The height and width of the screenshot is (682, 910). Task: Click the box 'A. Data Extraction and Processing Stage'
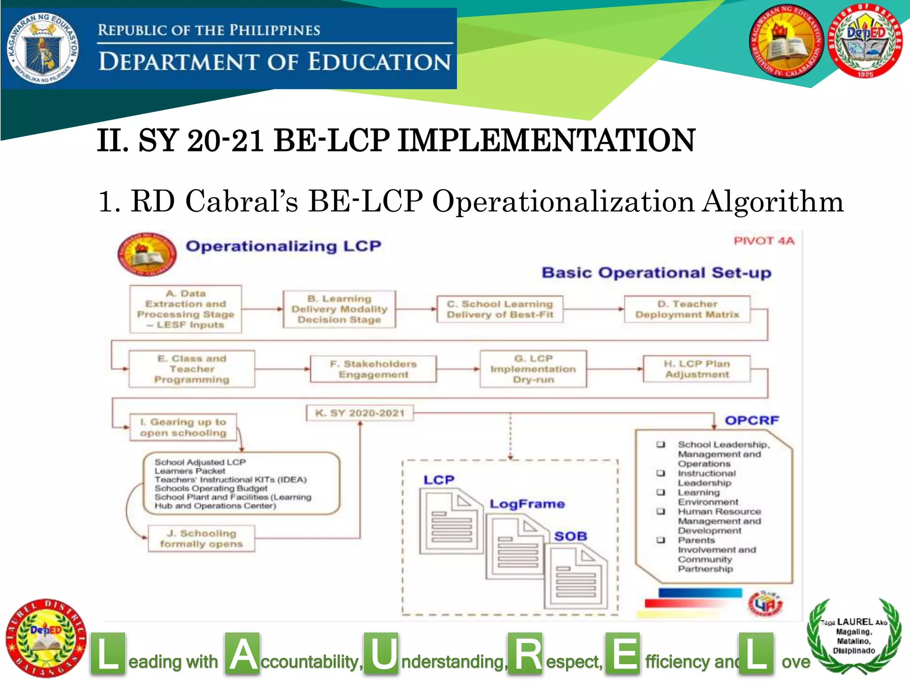pyautogui.click(x=186, y=309)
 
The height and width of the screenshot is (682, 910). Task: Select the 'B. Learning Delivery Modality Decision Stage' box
pyautogui.click(x=339, y=309)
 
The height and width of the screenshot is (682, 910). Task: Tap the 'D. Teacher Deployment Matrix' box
pyautogui.click(x=687, y=309)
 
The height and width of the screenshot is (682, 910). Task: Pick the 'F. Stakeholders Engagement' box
pyautogui.click(x=373, y=369)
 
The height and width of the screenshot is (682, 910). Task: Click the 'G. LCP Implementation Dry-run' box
pyautogui.click(x=533, y=369)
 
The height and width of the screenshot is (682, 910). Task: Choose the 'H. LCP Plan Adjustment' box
pyautogui.click(x=697, y=369)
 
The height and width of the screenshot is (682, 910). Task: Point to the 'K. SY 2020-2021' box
pyautogui.click(x=360, y=413)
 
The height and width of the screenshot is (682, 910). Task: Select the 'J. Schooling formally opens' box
pyautogui.click(x=201, y=538)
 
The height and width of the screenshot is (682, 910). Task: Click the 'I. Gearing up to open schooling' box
pyautogui.click(x=183, y=427)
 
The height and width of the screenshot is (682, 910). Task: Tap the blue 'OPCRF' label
pyautogui.click(x=752, y=420)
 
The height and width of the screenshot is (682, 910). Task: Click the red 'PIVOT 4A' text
pyautogui.click(x=764, y=241)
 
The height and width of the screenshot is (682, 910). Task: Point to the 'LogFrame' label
pyautogui.click(x=527, y=504)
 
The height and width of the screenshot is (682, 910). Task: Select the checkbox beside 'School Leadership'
pyautogui.click(x=661, y=444)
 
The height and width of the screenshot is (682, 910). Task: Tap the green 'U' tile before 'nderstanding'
pyautogui.click(x=381, y=654)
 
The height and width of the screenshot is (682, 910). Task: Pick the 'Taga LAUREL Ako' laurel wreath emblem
pyautogui.click(x=854, y=636)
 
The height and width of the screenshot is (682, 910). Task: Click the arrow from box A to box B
pyautogui.click(x=262, y=309)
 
